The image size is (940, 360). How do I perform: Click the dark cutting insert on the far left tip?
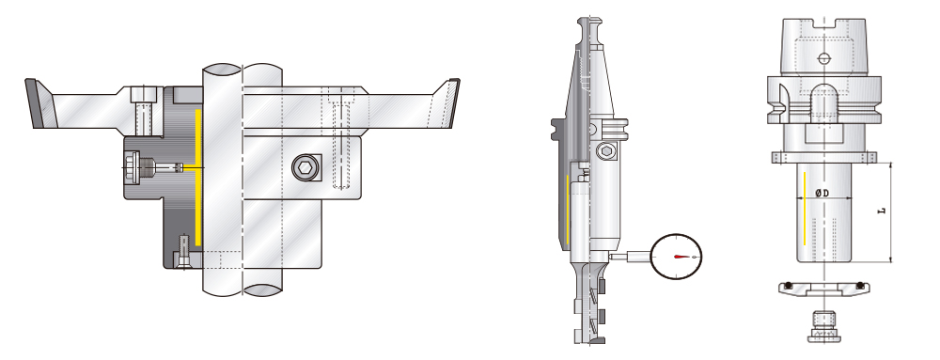coord(37,102)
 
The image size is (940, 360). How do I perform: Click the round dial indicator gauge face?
coord(677,255)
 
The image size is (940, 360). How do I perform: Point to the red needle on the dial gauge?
coord(682,256)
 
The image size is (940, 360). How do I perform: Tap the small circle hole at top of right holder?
coord(823,58)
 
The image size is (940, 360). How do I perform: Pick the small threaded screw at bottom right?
coord(822,329)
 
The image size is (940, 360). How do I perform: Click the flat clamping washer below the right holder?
coord(822,289)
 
